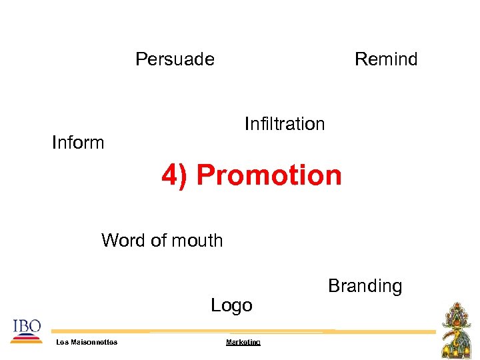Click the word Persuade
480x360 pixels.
pyautogui.click(x=175, y=59)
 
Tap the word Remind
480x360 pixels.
pyautogui.click(x=386, y=59)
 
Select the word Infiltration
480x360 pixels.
pyautogui.click(x=285, y=124)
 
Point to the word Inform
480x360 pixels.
pyautogui.click(x=78, y=143)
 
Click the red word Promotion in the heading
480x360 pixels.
pyautogui.click(x=269, y=175)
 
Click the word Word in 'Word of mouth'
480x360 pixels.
pyautogui.click(x=123, y=240)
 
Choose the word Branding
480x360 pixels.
pyautogui.click(x=365, y=286)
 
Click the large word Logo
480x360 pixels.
pyautogui.click(x=231, y=305)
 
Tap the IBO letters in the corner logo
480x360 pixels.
pyautogui.click(x=27, y=326)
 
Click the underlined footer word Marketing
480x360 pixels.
pyautogui.click(x=243, y=342)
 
